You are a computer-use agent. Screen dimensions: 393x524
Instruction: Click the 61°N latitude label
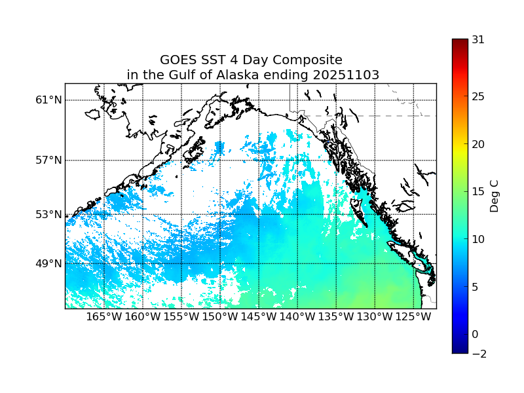[x=48, y=100]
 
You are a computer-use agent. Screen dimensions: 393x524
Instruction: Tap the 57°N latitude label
[x=48, y=160]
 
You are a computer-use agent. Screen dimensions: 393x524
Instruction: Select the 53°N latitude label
[x=48, y=214]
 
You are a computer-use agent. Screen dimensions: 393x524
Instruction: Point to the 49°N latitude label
[x=48, y=263]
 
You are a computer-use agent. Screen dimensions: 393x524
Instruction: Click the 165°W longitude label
[x=104, y=317]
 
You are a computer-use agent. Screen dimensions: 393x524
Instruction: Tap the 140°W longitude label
[x=297, y=317]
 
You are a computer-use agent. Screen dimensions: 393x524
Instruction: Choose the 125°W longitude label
[x=413, y=317]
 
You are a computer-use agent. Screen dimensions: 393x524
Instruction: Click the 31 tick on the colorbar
[x=478, y=39]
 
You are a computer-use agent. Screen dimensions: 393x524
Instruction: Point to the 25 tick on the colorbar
[x=478, y=97]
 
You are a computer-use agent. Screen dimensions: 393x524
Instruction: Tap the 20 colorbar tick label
[x=478, y=145]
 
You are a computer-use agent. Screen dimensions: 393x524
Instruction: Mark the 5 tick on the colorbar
[x=476, y=287]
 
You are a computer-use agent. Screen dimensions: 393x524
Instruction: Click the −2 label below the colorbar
[x=478, y=354]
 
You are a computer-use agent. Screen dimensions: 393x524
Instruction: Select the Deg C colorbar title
[x=495, y=192]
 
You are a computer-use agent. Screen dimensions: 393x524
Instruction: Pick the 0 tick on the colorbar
[x=476, y=334]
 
